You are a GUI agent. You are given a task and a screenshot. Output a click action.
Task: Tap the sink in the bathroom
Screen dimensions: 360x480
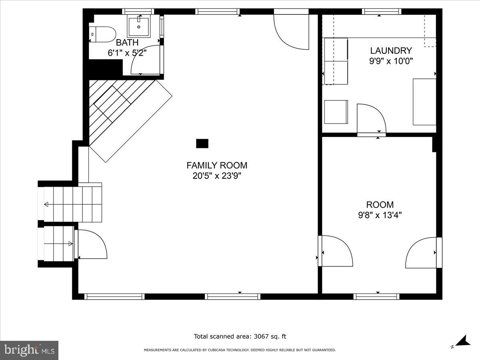pos(138,26)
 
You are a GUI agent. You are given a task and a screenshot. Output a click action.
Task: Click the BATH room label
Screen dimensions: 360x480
pos(127,42)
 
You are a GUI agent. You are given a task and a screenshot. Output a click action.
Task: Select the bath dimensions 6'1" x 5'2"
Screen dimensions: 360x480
pos(127,53)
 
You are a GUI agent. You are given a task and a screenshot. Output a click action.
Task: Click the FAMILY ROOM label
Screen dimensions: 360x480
pos(217,165)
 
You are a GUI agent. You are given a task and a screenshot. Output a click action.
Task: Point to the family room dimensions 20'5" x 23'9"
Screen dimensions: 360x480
pos(217,176)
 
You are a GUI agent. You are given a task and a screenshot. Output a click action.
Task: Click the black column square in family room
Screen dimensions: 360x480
pos(202,143)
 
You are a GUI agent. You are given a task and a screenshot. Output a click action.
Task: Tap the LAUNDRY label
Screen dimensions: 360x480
pos(391,51)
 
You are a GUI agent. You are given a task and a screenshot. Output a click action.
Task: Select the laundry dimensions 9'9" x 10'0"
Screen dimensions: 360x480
pos(391,61)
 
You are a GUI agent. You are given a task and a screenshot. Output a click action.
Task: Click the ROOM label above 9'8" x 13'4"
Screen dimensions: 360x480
pos(380,205)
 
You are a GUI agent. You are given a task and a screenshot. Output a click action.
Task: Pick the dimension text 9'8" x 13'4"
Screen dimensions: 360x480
pos(380,215)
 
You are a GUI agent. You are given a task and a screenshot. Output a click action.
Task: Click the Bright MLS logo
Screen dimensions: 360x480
pos(29,350)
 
